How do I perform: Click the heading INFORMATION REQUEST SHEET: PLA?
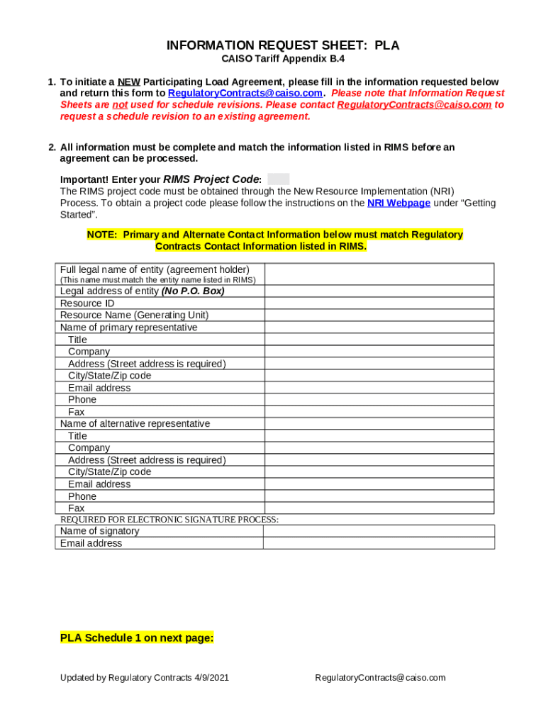click(x=282, y=46)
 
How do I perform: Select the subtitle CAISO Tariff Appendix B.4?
click(x=283, y=60)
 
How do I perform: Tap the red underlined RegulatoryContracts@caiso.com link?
click(x=414, y=105)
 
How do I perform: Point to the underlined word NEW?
click(x=128, y=82)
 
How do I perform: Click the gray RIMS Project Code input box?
click(x=278, y=179)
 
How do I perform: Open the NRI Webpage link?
click(x=399, y=203)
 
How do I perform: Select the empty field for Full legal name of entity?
click(x=379, y=274)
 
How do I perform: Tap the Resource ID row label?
click(x=87, y=303)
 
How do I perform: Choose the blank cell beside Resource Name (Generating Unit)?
click(x=379, y=315)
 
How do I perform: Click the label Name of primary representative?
click(x=128, y=328)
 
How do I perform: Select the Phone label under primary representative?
click(x=82, y=400)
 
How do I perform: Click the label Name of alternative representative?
click(x=135, y=424)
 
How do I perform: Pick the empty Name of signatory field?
click(x=379, y=531)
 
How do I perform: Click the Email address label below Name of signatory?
click(x=91, y=544)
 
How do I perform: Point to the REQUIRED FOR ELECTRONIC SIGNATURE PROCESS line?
click(x=169, y=520)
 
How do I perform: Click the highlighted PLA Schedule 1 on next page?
click(x=137, y=638)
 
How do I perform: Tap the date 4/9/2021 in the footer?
click(x=211, y=678)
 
